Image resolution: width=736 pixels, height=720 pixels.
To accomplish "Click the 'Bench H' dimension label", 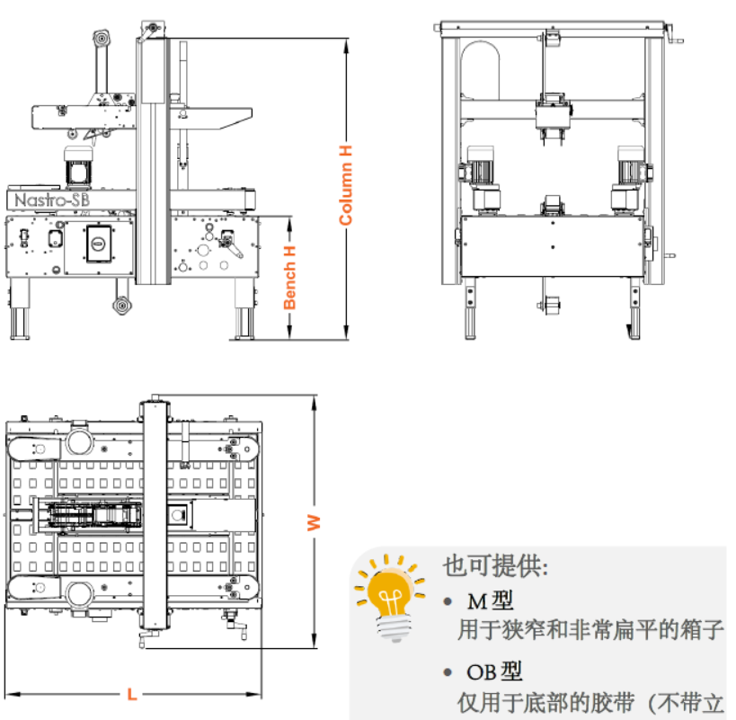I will tap(289, 277).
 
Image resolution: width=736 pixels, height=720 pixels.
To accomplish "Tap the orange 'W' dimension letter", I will tap(314, 522).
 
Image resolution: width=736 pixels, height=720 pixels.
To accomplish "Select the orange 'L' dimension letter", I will tap(132, 694).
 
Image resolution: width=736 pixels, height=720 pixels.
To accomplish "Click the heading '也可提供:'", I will tap(495, 566).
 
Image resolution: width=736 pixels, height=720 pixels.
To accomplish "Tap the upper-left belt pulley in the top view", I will tap(77, 440).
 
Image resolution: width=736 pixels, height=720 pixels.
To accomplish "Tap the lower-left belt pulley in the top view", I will tap(77, 592).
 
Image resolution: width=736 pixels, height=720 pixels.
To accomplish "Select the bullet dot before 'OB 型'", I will tap(448, 672).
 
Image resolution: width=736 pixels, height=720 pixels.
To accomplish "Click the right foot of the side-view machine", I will tap(243, 319).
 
